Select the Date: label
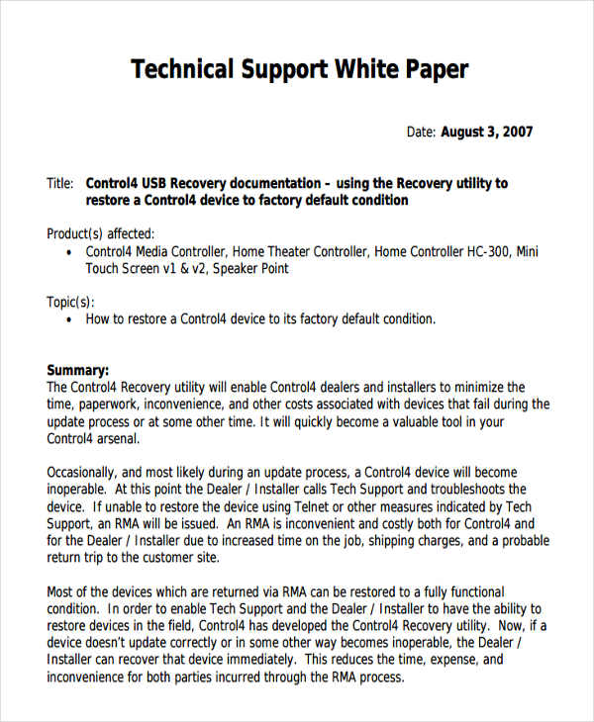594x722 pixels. (x=422, y=133)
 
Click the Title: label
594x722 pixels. (x=60, y=183)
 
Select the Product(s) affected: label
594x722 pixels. (x=101, y=234)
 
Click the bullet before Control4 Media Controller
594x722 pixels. (x=67, y=252)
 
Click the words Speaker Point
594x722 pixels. (x=251, y=268)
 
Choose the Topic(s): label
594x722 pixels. (x=70, y=302)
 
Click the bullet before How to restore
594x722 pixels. (x=67, y=319)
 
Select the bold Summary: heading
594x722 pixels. (x=78, y=369)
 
